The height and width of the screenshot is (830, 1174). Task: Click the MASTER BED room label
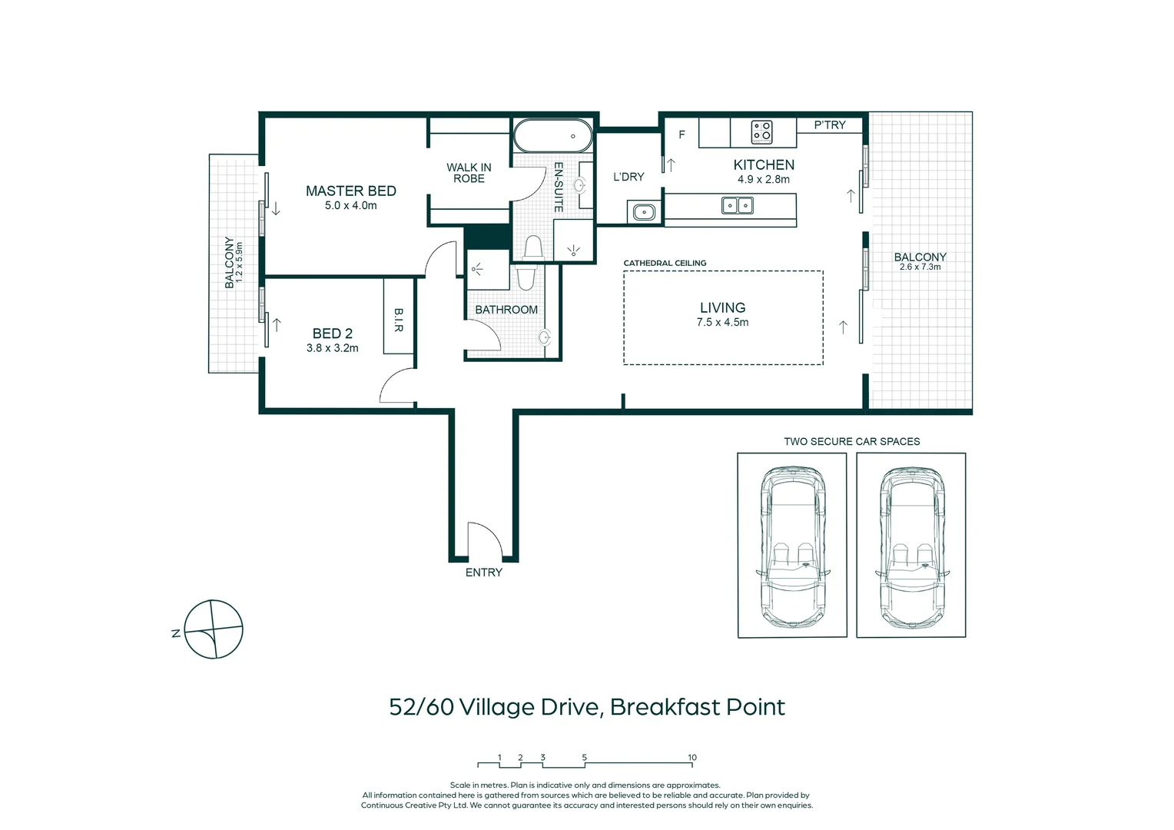tap(350, 191)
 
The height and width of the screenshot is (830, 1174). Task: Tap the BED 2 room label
tap(332, 334)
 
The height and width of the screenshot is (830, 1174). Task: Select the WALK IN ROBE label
tap(469, 173)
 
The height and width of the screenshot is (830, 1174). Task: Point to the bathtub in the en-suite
tap(553, 136)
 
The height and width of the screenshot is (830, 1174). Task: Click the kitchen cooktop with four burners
tap(761, 132)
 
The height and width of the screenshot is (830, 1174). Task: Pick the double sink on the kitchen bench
tap(738, 205)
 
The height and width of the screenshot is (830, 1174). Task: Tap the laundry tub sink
tap(644, 212)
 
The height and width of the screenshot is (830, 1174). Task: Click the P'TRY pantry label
tap(830, 124)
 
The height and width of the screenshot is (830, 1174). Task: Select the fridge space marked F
tap(682, 134)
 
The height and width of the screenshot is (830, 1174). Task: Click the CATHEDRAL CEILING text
tap(665, 263)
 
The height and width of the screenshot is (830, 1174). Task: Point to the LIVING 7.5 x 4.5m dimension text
tap(722, 323)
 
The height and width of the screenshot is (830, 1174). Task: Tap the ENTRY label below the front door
tap(484, 573)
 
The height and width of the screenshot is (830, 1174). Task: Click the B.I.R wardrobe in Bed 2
tap(399, 316)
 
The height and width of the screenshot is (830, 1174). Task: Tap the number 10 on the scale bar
tap(692, 757)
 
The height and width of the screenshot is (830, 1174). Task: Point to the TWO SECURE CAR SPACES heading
tap(851, 441)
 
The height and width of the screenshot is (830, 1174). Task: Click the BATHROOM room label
tap(506, 310)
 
